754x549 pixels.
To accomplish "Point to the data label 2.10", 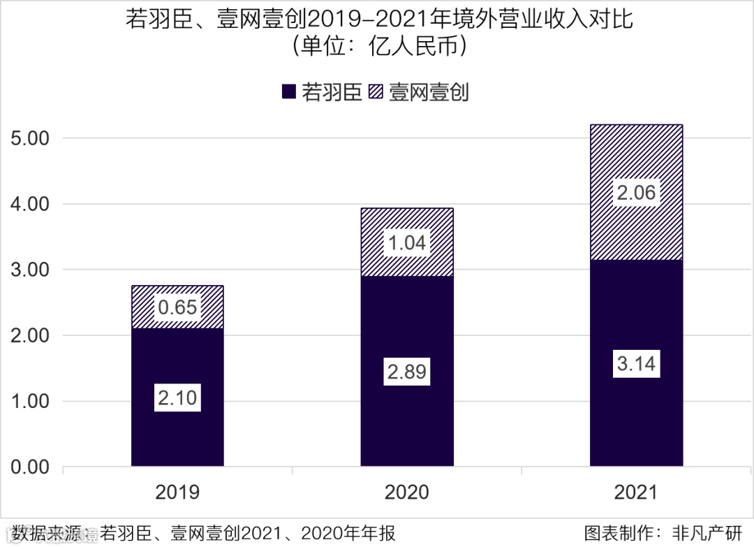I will coord(177,399).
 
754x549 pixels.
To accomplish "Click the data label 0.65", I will coord(177,307).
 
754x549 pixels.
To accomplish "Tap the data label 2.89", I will coord(407,372).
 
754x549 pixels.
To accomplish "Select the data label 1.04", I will coord(407,242).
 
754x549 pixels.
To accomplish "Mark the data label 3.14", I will coord(636,364).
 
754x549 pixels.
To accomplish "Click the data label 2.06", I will coord(636,192).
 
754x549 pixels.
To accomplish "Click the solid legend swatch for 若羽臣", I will coord(290,92).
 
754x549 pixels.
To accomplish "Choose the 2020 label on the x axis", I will coord(407,492).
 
